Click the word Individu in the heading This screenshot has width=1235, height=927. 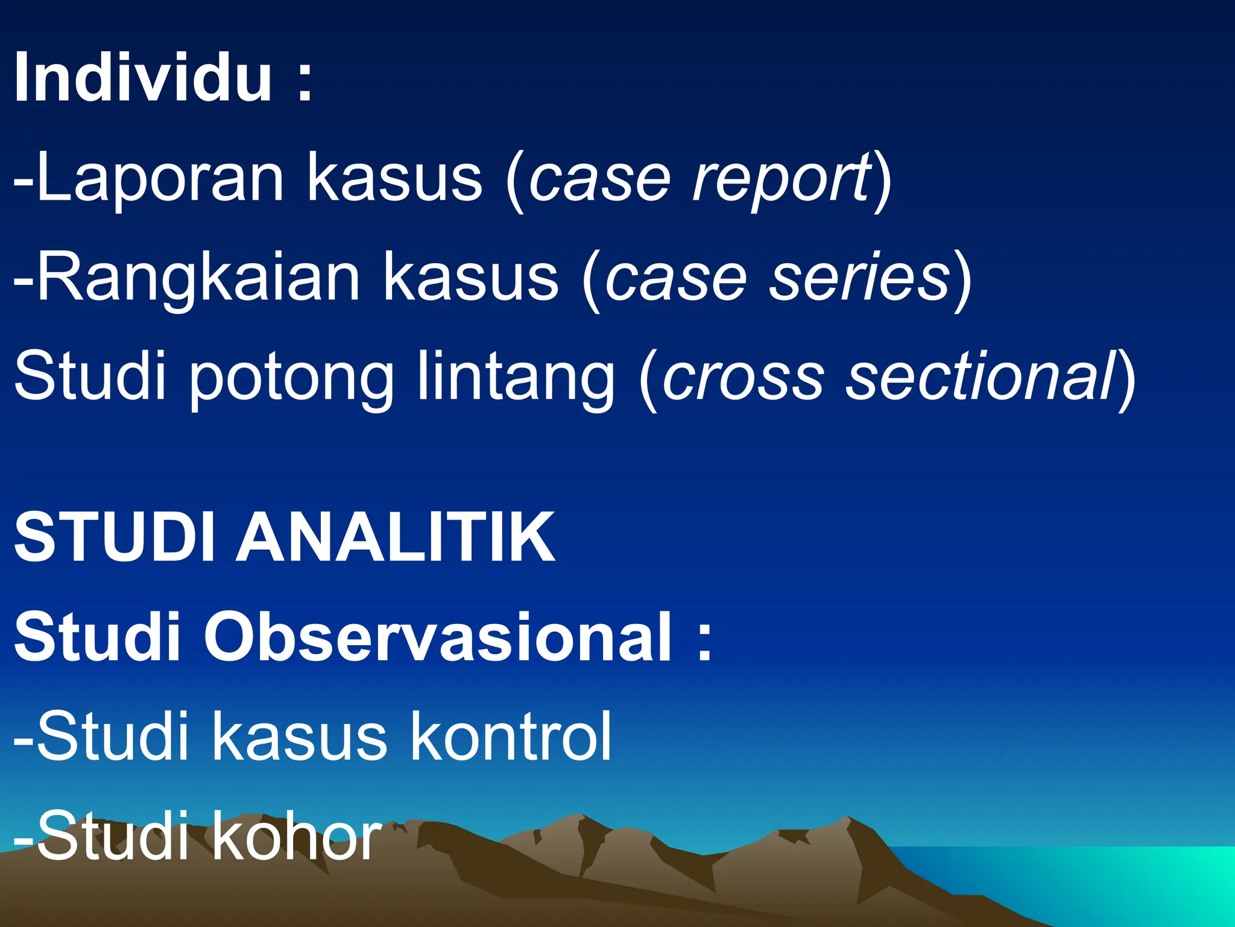pos(142,78)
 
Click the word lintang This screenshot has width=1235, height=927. pos(516,378)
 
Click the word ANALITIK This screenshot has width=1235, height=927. pos(395,537)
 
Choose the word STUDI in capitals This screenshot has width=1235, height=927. pos(114,537)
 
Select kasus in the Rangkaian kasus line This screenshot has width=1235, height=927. pos(471,278)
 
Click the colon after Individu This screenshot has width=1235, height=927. pos(305,84)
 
